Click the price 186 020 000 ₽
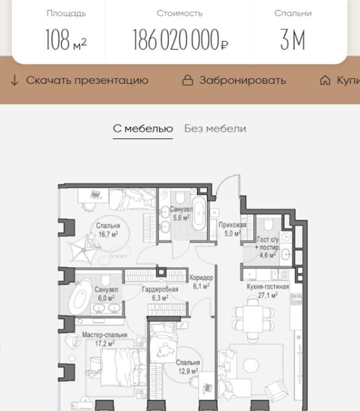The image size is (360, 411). tap(180, 40)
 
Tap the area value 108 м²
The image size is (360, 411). tap(66, 40)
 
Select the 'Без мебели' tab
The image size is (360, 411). tap(215, 129)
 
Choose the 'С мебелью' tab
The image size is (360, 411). tap(143, 129)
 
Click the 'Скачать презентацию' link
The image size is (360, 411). tap(87, 80)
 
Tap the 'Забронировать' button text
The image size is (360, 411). tap(242, 80)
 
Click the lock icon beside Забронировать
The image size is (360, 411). tap(187, 80)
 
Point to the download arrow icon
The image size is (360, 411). tap(15, 80)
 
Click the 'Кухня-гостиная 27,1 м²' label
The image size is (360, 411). tap(268, 291)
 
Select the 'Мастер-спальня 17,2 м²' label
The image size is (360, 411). tap(105, 339)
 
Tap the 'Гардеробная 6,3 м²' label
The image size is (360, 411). tap(160, 293)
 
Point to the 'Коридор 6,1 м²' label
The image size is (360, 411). tap(201, 282)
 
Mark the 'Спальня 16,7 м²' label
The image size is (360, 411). tap(108, 230)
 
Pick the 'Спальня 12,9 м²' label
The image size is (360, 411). tap(188, 367)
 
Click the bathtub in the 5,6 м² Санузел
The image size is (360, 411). tap(199, 213)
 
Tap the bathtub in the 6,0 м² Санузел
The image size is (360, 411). tap(80, 296)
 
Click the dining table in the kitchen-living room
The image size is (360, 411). tap(253, 319)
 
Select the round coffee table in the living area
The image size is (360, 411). tap(251, 365)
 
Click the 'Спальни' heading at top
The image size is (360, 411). tap(293, 13)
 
